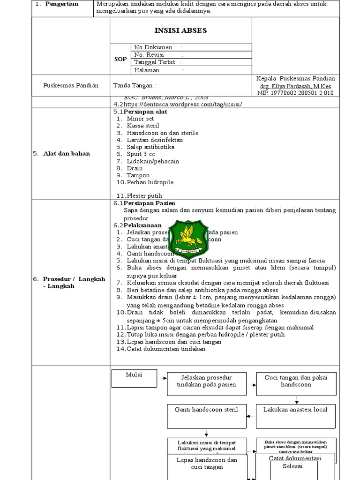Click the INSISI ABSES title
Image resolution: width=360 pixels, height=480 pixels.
[x=180, y=31]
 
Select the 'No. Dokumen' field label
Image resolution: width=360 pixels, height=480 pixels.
[x=153, y=47]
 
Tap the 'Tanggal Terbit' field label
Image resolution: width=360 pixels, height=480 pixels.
[x=155, y=62]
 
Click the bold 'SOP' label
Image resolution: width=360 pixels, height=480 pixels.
[x=120, y=59]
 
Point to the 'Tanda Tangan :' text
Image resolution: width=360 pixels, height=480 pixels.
[x=135, y=85]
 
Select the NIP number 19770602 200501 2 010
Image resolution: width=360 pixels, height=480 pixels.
[x=296, y=93]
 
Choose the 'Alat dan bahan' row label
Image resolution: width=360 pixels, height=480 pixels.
[x=67, y=153]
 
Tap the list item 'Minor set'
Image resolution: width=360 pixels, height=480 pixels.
[x=141, y=119]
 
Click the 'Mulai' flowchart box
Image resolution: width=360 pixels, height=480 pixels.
[x=135, y=378]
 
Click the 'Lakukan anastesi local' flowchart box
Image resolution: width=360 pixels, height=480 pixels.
[x=295, y=416]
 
